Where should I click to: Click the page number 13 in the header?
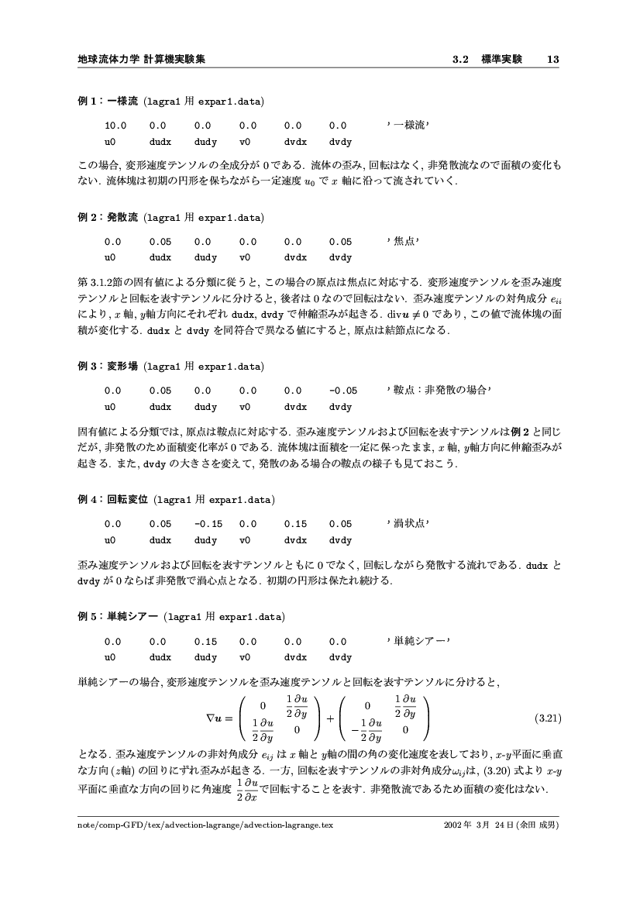[553, 59]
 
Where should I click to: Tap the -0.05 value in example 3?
[342, 391]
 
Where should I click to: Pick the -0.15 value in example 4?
[208, 524]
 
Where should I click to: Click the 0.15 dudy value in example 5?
[205, 642]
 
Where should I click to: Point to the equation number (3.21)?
[548, 718]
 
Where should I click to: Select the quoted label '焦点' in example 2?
[402, 242]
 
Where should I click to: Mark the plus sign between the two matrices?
[330, 718]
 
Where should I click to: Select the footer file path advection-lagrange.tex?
[206, 825]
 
